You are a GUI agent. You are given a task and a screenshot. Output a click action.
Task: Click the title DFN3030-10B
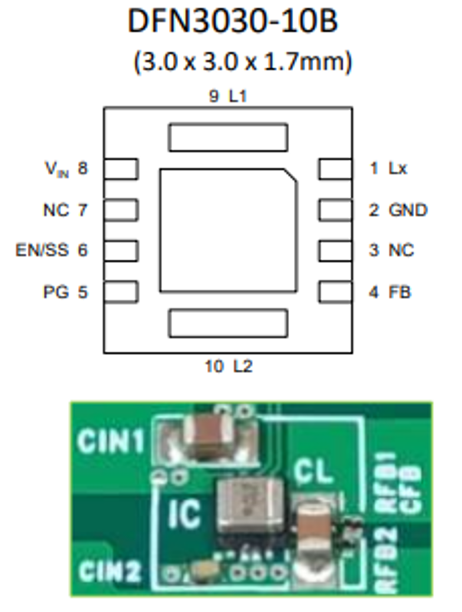click(x=232, y=22)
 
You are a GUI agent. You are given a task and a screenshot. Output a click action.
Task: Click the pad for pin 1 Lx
click(x=335, y=169)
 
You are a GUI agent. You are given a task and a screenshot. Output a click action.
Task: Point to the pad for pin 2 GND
click(x=335, y=210)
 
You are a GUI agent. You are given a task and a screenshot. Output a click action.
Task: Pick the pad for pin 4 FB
click(x=335, y=292)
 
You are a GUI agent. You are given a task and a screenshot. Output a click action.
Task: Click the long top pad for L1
click(x=228, y=137)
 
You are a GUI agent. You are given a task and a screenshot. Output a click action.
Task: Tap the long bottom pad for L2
click(x=228, y=323)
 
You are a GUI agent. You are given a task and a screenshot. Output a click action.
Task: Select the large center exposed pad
click(x=228, y=230)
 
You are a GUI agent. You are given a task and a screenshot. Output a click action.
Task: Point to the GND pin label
click(x=408, y=210)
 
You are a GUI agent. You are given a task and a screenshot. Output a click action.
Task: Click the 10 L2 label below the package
click(x=229, y=367)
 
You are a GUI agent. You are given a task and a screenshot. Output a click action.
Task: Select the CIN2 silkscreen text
click(x=111, y=570)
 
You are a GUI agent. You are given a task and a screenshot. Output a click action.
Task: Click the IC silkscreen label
click(x=185, y=514)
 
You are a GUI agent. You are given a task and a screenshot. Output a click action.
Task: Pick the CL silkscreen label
click(x=313, y=473)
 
